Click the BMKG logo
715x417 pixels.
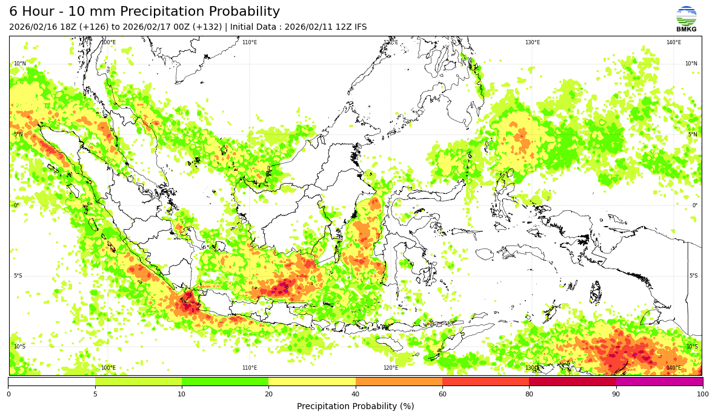(686, 18)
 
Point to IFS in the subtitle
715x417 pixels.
(360, 27)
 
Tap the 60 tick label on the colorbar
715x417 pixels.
(442, 395)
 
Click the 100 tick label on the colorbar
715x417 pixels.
(702, 395)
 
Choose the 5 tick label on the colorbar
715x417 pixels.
(95, 395)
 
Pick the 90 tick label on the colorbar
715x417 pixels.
(616, 395)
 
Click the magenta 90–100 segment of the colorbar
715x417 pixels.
(659, 382)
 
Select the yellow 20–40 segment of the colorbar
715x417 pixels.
(312, 382)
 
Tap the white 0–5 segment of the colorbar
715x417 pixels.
(52, 382)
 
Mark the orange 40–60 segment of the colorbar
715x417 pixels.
(399, 382)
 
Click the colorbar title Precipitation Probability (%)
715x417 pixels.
(355, 407)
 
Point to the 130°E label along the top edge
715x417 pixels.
(533, 42)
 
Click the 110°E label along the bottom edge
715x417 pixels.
(250, 368)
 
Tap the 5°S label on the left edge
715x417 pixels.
(18, 276)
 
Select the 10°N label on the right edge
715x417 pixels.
(691, 64)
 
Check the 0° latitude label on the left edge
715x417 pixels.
(16, 205)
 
